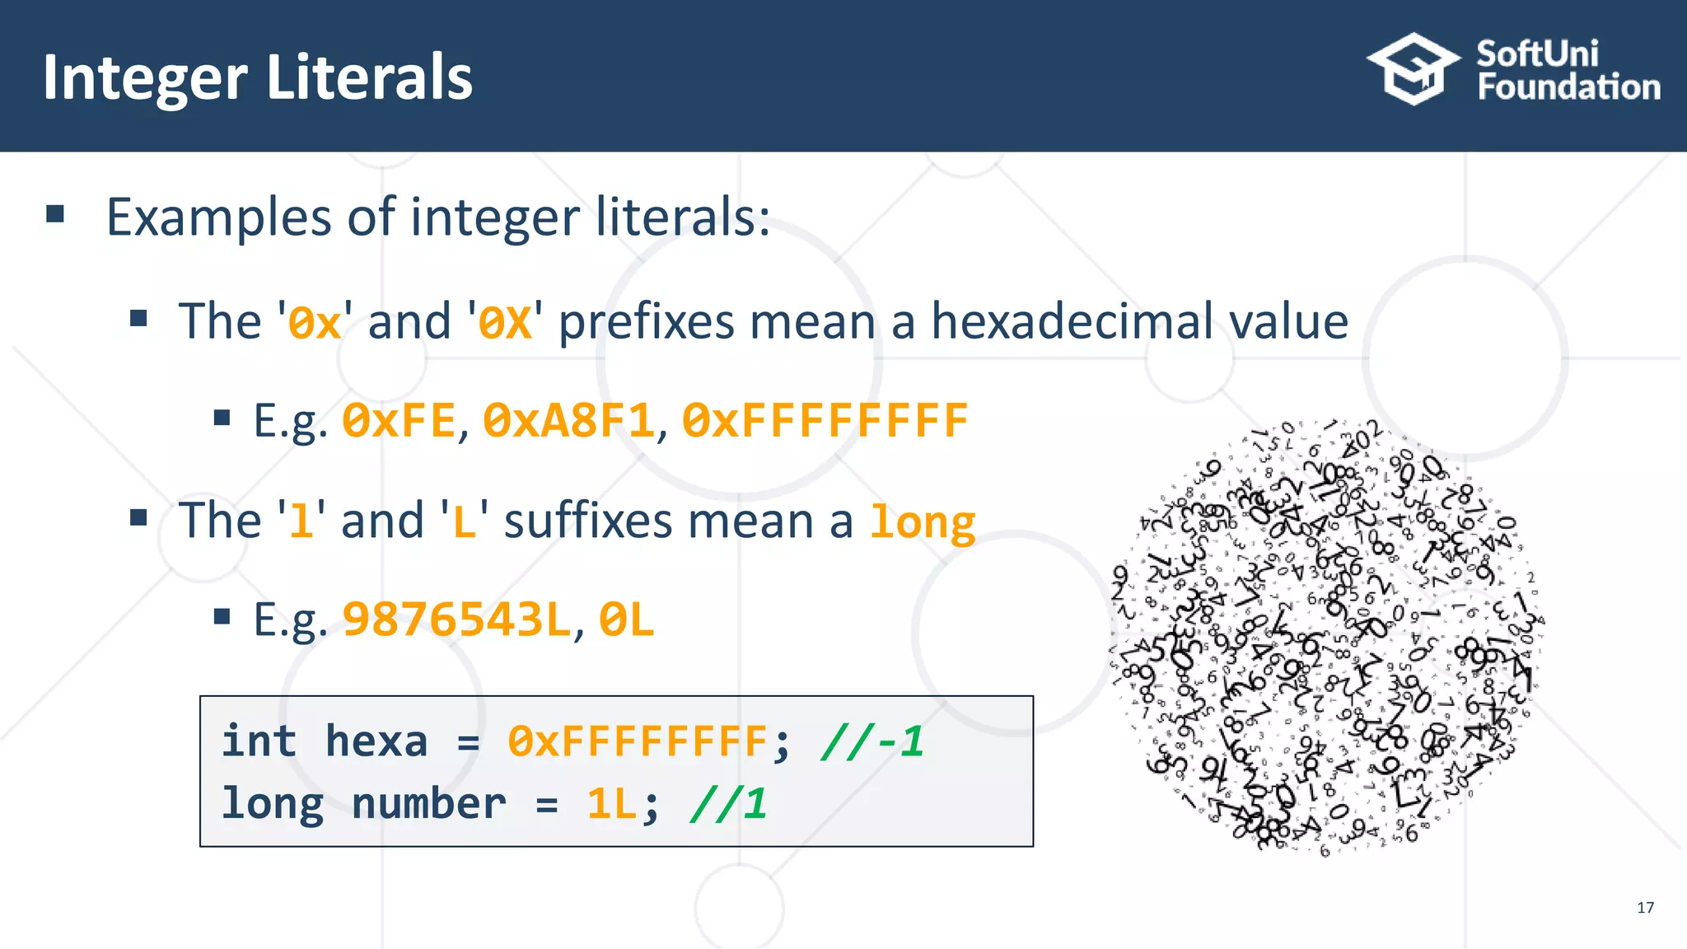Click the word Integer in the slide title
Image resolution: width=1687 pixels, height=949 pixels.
pyautogui.click(x=145, y=77)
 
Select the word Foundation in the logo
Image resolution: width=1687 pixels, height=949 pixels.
pyautogui.click(x=1568, y=87)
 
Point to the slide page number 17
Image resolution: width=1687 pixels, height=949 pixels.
pyautogui.click(x=1645, y=907)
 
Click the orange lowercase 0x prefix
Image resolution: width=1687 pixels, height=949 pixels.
pyautogui.click(x=315, y=322)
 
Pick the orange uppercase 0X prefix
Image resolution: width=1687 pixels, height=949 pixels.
pyautogui.click(x=505, y=322)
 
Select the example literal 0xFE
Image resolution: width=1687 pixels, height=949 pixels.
pyautogui.click(x=399, y=421)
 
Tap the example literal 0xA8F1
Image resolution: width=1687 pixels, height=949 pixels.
pyautogui.click(x=568, y=421)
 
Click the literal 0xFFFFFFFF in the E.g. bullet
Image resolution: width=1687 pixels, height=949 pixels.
pyautogui.click(x=825, y=421)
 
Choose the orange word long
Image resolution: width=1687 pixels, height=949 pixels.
pyautogui.click(x=923, y=522)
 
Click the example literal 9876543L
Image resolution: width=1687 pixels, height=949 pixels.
pyautogui.click(x=456, y=620)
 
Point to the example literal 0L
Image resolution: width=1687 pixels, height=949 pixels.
pyautogui.click(x=626, y=620)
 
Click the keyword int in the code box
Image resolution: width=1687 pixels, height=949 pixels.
pyautogui.click(x=259, y=741)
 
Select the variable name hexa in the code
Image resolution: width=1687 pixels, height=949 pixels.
pyautogui.click(x=376, y=741)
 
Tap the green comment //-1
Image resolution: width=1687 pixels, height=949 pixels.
pyautogui.click(x=872, y=741)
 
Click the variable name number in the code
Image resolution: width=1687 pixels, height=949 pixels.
pyautogui.click(x=428, y=803)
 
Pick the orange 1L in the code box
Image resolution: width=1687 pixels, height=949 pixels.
pyautogui.click(x=611, y=803)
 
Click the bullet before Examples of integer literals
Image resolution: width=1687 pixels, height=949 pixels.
pyautogui.click(x=55, y=215)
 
